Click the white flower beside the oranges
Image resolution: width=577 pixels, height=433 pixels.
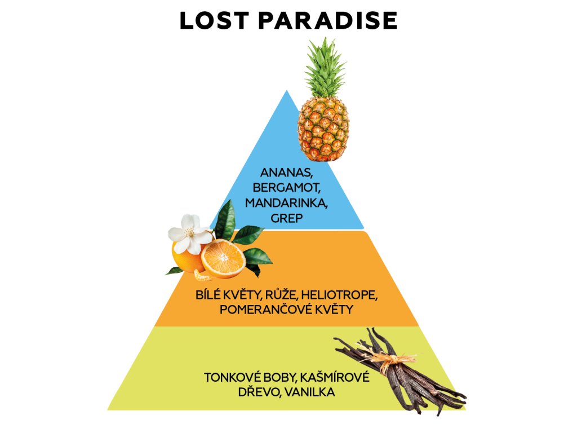coord(190,232)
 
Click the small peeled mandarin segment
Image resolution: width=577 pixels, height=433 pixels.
coord(202,276)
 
